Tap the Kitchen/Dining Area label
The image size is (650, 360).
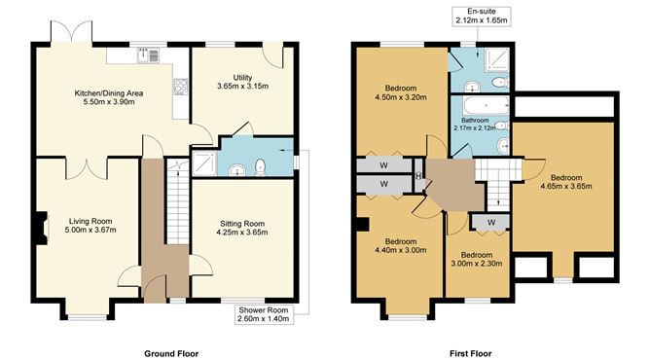(109, 97)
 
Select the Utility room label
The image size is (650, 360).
(242, 82)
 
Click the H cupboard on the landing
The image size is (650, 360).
(417, 176)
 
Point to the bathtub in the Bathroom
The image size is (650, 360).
(480, 105)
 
